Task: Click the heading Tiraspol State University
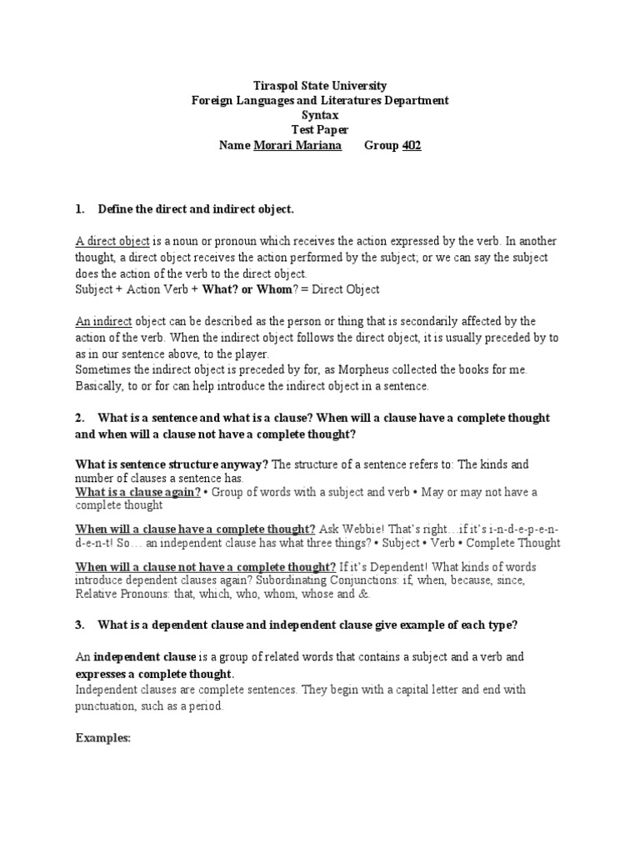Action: (319, 86)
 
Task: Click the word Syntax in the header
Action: (319, 115)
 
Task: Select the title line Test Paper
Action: (319, 130)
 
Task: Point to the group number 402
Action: (412, 145)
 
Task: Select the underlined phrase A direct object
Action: (112, 241)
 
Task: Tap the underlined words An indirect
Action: (99, 321)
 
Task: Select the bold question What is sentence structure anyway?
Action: (172, 464)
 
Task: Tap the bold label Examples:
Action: (103, 738)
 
